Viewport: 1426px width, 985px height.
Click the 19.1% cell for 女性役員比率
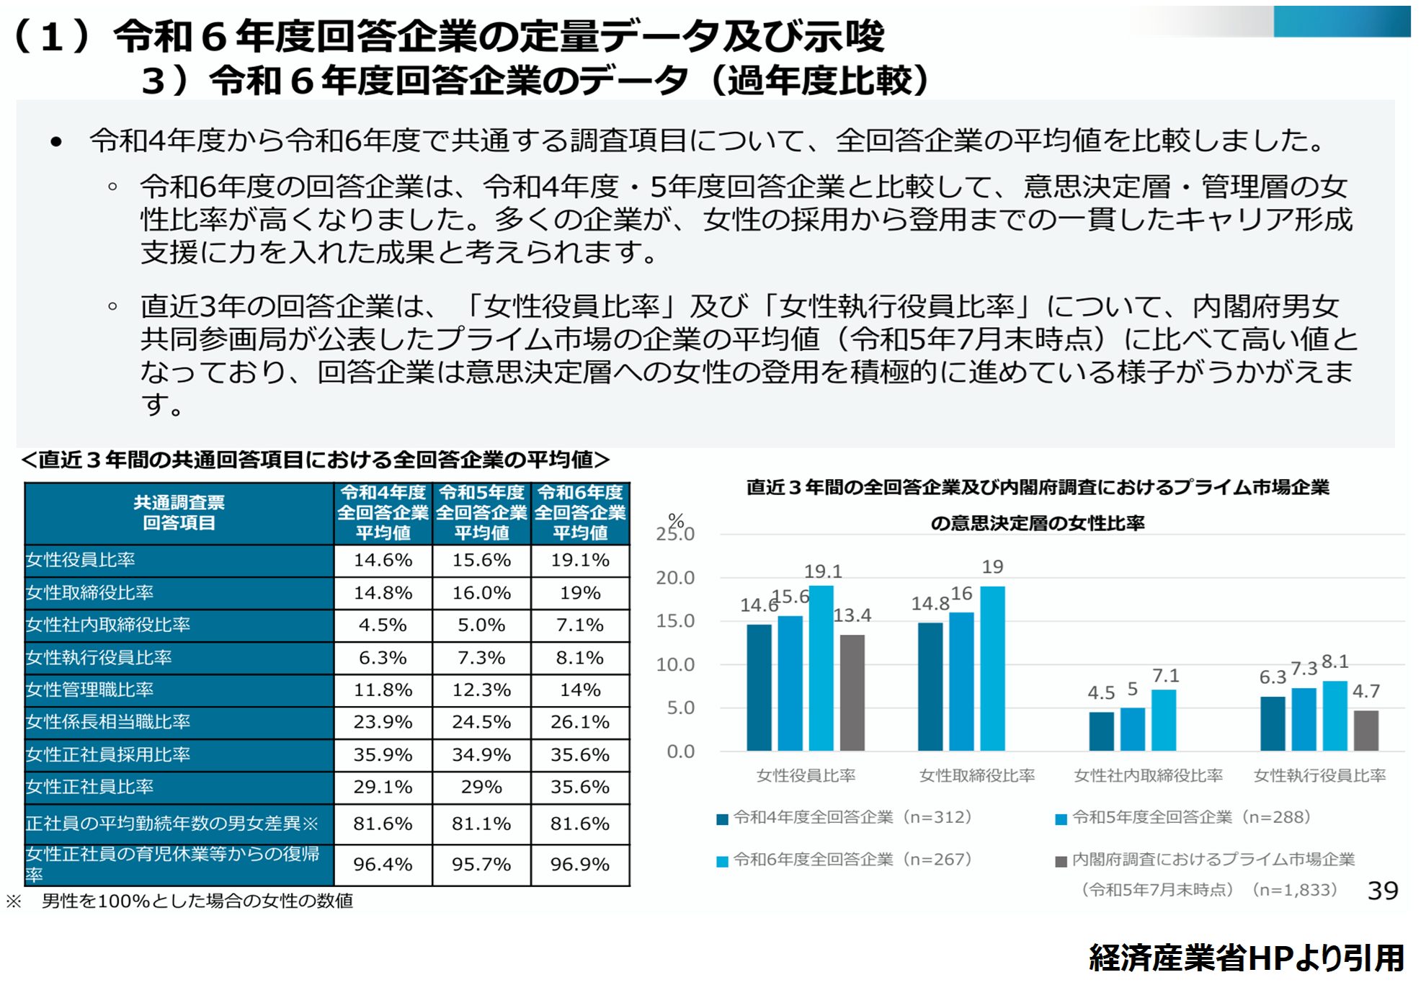coord(580,560)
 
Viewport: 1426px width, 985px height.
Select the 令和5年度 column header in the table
coord(481,512)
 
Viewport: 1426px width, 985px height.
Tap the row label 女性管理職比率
coord(90,690)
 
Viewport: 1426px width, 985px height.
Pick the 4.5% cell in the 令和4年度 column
coord(383,625)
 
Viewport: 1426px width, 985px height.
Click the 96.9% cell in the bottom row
coord(580,864)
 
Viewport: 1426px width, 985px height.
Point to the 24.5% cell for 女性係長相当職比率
coord(481,722)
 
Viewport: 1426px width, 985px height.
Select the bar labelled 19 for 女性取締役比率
coord(992,668)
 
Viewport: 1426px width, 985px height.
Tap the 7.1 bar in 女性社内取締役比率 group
coord(1164,720)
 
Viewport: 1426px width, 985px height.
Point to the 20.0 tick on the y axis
coord(675,578)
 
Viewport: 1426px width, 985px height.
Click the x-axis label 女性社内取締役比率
coord(1148,775)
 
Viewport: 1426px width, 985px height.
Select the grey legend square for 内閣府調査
coord(1061,862)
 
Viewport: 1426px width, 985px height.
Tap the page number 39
coord(1382,891)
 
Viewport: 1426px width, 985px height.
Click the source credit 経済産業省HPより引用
coord(1246,958)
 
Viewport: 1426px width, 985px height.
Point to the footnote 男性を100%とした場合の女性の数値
coord(197,901)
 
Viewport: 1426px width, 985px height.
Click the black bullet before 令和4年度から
coord(56,142)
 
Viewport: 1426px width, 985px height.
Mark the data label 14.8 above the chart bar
coord(930,603)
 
